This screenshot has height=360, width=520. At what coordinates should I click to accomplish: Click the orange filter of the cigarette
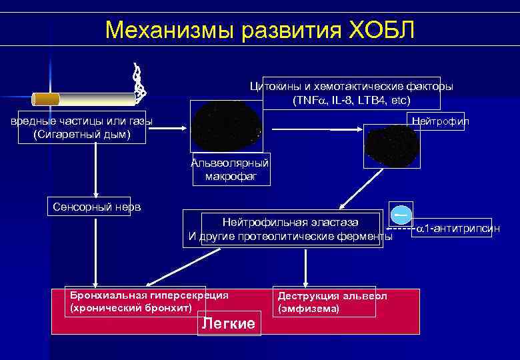tap(47, 99)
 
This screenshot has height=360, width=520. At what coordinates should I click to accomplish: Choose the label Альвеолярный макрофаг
tap(230, 169)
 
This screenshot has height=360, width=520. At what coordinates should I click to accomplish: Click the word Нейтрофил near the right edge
tap(441, 121)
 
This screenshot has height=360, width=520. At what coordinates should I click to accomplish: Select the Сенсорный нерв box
tap(97, 207)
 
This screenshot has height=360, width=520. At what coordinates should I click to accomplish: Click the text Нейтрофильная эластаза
tap(290, 222)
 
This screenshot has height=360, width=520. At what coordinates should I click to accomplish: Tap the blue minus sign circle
tap(401, 215)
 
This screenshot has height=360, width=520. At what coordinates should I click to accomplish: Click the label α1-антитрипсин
tap(458, 229)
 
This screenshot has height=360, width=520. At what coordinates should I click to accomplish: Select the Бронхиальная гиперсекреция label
tap(149, 295)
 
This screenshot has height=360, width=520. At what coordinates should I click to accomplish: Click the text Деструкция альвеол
tap(332, 296)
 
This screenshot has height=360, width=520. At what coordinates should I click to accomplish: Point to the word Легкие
tap(228, 324)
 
